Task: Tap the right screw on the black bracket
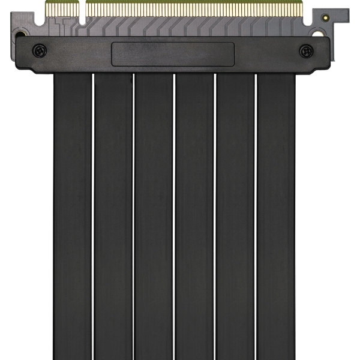[305, 51]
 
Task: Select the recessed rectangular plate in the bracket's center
[173, 54]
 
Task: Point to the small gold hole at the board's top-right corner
[325, 19]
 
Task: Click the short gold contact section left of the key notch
[65, 7]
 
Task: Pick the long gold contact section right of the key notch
[192, 7]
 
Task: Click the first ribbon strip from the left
[73, 216]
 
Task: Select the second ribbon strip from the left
[113, 216]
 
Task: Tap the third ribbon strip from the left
[154, 216]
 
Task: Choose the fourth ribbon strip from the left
[194, 216]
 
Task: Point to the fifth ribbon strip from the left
[235, 216]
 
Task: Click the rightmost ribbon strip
[276, 216]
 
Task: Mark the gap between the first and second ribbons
[93, 216]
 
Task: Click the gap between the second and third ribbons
[133, 216]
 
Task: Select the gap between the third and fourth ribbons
[174, 216]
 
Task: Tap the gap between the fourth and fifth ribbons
[215, 216]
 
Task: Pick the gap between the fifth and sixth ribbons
[256, 216]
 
